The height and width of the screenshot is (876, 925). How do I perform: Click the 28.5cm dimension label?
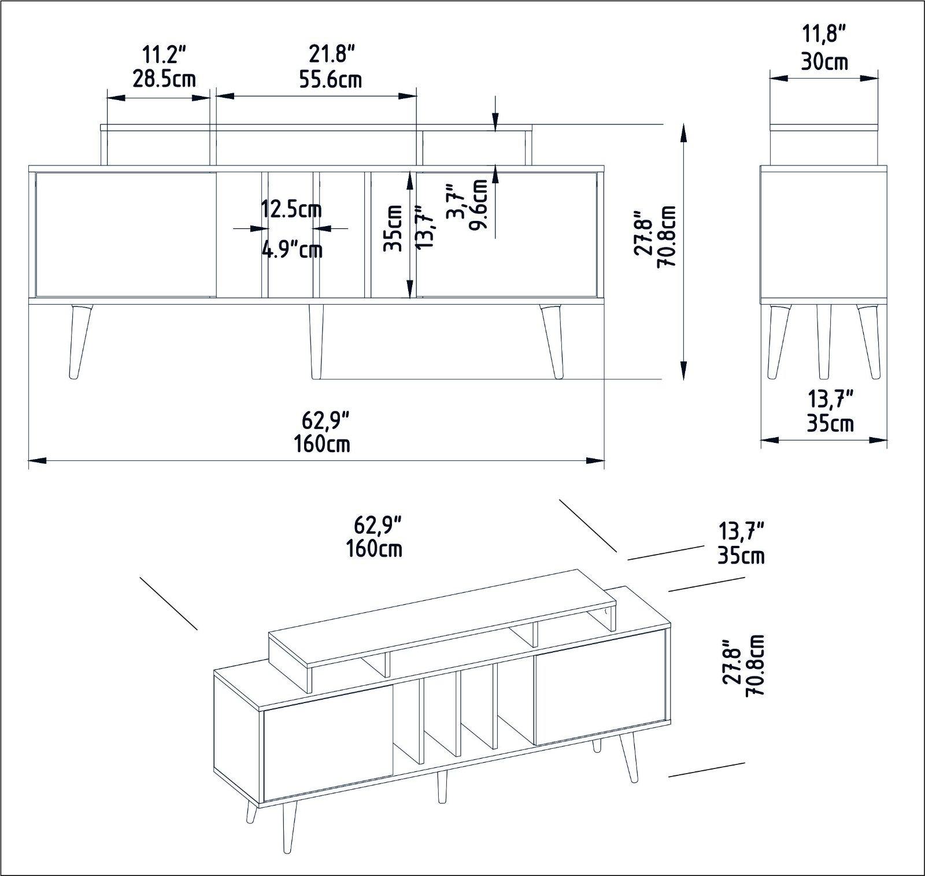pyautogui.click(x=164, y=79)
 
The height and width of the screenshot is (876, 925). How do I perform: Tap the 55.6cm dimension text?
pyautogui.click(x=330, y=79)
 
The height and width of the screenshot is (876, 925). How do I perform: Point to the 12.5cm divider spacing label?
pyautogui.click(x=291, y=209)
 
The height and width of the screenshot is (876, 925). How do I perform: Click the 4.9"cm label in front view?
pyautogui.click(x=292, y=250)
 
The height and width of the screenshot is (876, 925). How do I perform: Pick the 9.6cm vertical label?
pyautogui.click(x=479, y=204)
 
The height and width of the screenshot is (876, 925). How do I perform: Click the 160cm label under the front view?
pyautogui.click(x=321, y=444)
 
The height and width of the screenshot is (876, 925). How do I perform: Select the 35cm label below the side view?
pyautogui.click(x=830, y=423)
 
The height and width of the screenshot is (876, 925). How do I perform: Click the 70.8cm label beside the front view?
pyautogui.click(x=670, y=236)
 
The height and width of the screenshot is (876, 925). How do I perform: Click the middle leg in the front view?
pyautogui.click(x=316, y=341)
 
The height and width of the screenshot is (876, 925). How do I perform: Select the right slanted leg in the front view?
pyautogui.click(x=552, y=341)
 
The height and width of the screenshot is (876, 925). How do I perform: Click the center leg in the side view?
pyautogui.click(x=823, y=341)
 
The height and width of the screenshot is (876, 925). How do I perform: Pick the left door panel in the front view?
pyautogui.click(x=126, y=234)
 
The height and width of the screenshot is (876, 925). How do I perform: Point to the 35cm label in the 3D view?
pyautogui.click(x=741, y=556)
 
